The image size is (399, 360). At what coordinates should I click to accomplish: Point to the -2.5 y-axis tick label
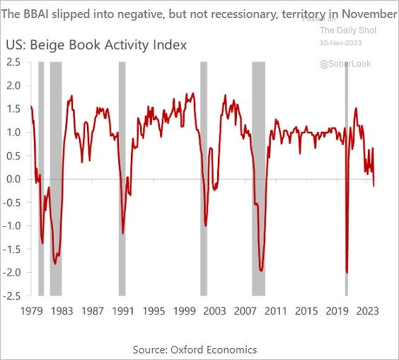pos(12,296)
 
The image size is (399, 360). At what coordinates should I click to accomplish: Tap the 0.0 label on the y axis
pos(14,179)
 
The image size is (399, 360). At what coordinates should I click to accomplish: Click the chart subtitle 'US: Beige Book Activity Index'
pos(96,46)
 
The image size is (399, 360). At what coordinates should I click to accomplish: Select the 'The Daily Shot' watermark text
pos(348,30)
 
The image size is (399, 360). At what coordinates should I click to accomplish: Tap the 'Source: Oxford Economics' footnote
pos(195,350)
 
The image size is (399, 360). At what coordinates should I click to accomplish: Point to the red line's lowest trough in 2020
pos(347,272)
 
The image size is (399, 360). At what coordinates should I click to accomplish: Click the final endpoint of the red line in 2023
pos(374,186)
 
